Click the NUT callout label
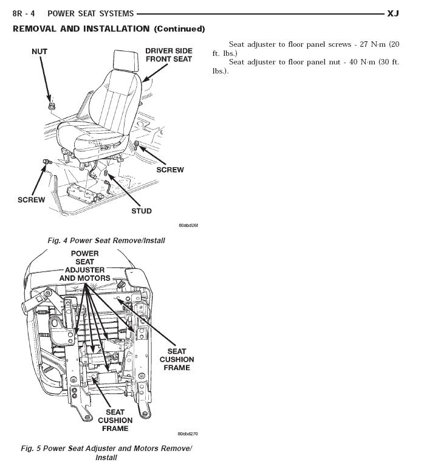click(x=39, y=52)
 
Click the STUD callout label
click(x=142, y=211)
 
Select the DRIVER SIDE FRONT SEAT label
click(x=168, y=55)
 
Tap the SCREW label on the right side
click(x=170, y=170)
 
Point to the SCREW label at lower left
click(x=32, y=199)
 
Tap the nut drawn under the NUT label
click(x=52, y=107)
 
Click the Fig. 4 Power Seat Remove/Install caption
click(x=106, y=241)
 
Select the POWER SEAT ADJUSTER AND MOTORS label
click(x=85, y=266)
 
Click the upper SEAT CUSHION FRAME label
click(x=177, y=359)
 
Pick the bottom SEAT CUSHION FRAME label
click(x=115, y=420)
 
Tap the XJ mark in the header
click(x=392, y=13)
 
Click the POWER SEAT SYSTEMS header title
click(x=91, y=13)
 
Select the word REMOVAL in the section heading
click(x=35, y=29)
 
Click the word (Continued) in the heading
click(x=179, y=29)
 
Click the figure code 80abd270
click(x=188, y=434)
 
